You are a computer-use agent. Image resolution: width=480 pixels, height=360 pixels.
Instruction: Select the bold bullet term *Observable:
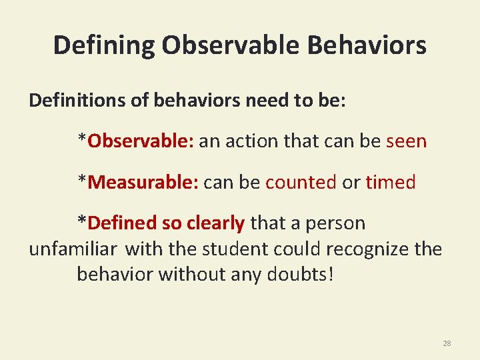pyautogui.click(x=135, y=141)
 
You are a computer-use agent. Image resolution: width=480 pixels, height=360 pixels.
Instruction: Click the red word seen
pyautogui.click(x=406, y=141)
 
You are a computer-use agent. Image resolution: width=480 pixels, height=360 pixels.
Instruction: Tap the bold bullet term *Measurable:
pyautogui.click(x=137, y=182)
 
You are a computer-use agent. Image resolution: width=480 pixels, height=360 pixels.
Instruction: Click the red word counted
pyautogui.click(x=301, y=182)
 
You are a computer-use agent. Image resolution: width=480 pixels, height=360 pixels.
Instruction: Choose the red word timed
pyautogui.click(x=391, y=182)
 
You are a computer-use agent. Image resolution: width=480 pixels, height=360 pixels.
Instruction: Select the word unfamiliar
pyautogui.click(x=73, y=249)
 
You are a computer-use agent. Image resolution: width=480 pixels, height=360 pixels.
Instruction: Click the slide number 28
pyautogui.click(x=447, y=343)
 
